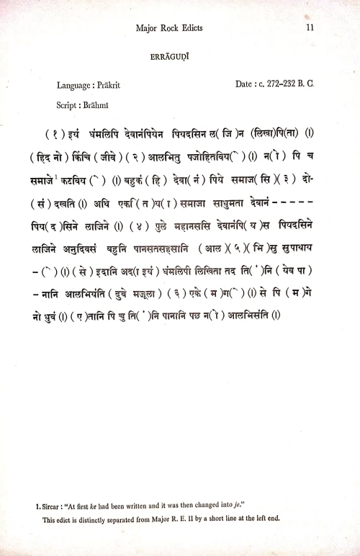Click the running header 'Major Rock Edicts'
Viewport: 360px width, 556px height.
tap(171, 28)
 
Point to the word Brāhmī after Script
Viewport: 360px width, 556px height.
tap(99, 104)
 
